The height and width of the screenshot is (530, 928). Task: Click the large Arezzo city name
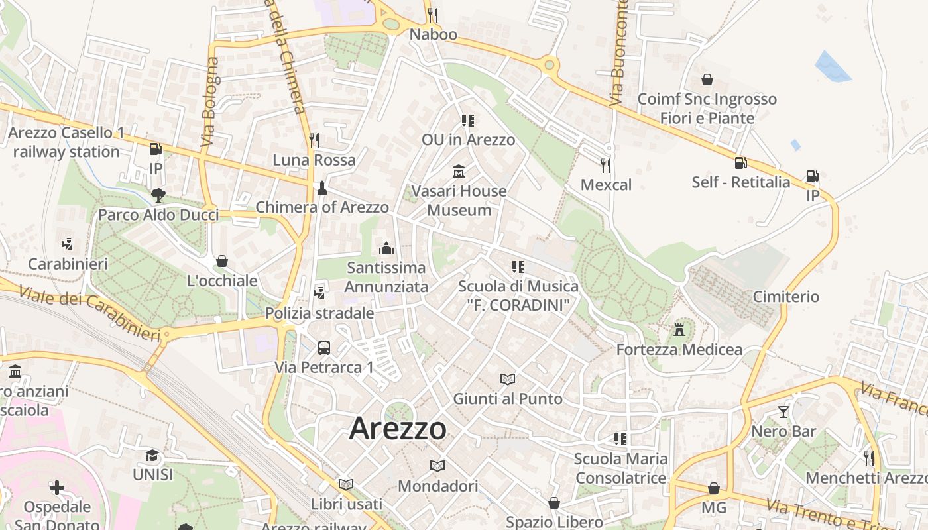pyautogui.click(x=398, y=428)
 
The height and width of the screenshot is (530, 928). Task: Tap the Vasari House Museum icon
pyautogui.click(x=458, y=172)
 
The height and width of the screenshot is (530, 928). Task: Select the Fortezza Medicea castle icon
pyautogui.click(x=679, y=329)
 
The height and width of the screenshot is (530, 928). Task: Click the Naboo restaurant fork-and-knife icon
pyautogui.click(x=433, y=14)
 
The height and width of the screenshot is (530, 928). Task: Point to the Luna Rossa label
pyautogui.click(x=314, y=160)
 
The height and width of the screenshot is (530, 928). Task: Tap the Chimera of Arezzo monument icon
pyautogui.click(x=322, y=187)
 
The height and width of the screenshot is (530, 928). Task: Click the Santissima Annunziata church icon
pyautogui.click(x=386, y=248)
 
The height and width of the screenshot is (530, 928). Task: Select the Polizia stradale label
pyautogui.click(x=319, y=313)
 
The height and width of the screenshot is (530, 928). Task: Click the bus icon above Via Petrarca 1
pyautogui.click(x=324, y=347)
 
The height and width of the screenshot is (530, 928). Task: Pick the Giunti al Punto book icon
pyautogui.click(x=508, y=379)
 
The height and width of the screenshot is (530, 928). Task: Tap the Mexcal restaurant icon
pyautogui.click(x=605, y=164)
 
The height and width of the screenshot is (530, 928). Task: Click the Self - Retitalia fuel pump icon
pyautogui.click(x=740, y=162)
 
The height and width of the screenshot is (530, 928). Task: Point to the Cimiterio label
pyautogui.click(x=785, y=296)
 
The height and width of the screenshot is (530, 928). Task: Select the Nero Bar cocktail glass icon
pyautogui.click(x=783, y=411)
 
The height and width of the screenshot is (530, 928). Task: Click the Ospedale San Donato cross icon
pyautogui.click(x=57, y=488)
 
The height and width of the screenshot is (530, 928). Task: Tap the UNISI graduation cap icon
pyautogui.click(x=152, y=455)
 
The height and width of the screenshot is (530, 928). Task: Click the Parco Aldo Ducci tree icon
pyautogui.click(x=158, y=195)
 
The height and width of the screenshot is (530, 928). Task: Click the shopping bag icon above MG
pyautogui.click(x=713, y=488)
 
